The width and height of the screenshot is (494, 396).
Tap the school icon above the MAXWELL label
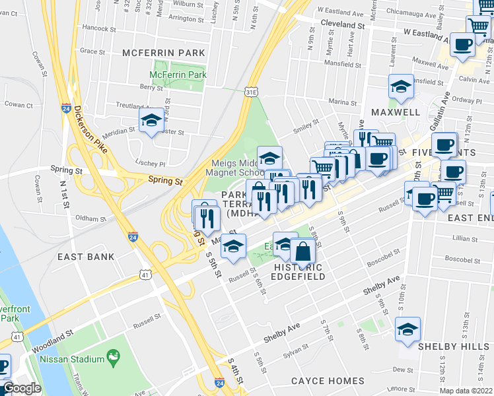pyautogui.click(x=400, y=87)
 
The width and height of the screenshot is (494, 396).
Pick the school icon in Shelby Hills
pyautogui.click(x=407, y=329)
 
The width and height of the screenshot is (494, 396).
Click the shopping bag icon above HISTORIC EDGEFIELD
pyautogui.click(x=302, y=251)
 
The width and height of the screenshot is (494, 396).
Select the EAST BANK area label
pyautogui.click(x=86, y=256)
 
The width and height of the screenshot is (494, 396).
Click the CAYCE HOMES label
pyautogui.click(x=328, y=381)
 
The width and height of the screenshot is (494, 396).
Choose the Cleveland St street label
pyautogui.click(x=343, y=24)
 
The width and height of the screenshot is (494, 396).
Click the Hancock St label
pyautogui.click(x=99, y=28)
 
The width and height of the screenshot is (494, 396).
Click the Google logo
pyautogui.click(x=22, y=388)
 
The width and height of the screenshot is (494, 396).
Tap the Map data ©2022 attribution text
pyautogui.click(x=466, y=391)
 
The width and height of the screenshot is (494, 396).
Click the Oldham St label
pyautogui.click(x=90, y=218)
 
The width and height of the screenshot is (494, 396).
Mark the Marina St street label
pyautogui.click(x=343, y=102)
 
